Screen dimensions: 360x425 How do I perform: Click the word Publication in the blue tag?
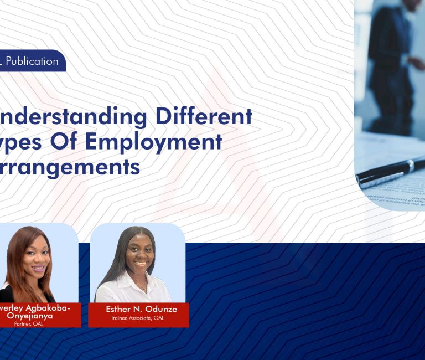32,61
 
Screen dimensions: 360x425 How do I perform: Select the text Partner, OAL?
29,323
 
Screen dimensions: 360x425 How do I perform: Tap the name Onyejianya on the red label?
32,316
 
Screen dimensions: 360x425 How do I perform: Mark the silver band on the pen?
410,165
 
